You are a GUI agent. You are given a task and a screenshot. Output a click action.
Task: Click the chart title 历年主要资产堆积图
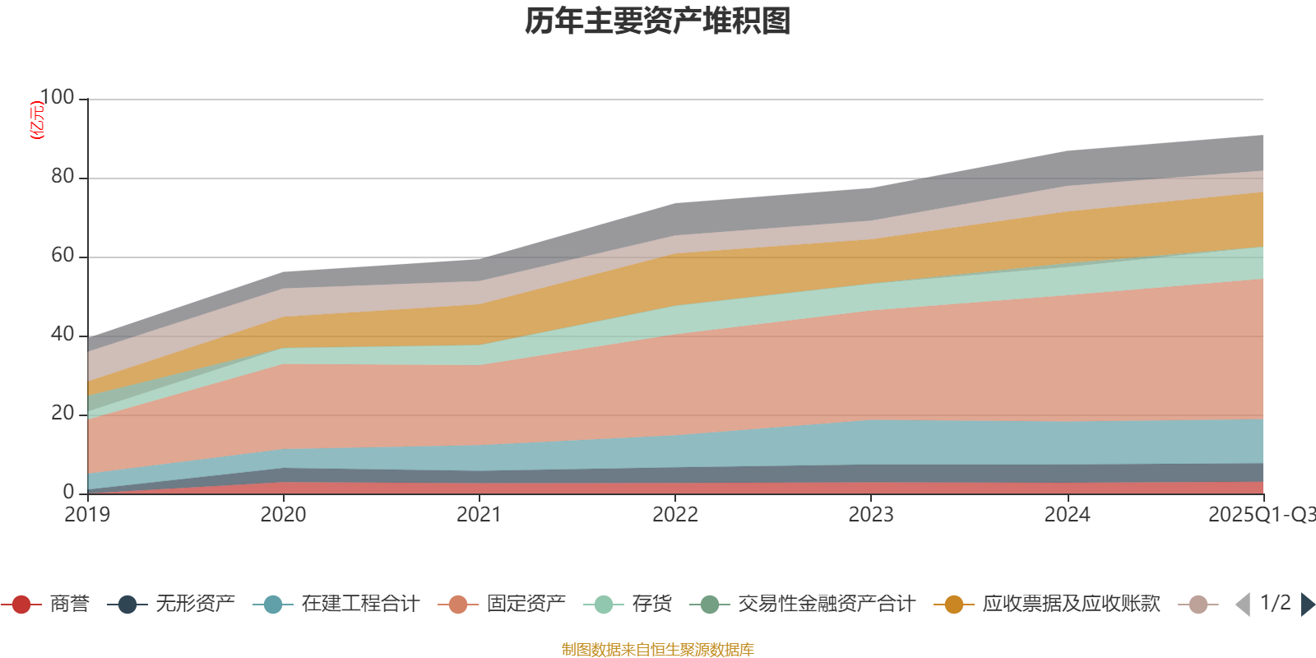pyautogui.click(x=658, y=21)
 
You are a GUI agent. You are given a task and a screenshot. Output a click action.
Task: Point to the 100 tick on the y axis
pyautogui.click(x=57, y=98)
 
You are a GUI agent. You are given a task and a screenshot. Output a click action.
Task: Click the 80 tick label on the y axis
pyautogui.click(x=62, y=177)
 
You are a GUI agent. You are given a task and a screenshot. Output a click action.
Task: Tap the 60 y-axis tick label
pyautogui.click(x=62, y=256)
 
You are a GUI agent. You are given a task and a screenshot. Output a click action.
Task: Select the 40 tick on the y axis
pyautogui.click(x=62, y=335)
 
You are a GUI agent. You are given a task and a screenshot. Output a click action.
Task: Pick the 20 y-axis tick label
pyautogui.click(x=62, y=414)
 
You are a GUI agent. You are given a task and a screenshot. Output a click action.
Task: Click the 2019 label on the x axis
pyautogui.click(x=87, y=515)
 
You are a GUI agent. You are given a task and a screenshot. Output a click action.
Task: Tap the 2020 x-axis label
pyautogui.click(x=283, y=515)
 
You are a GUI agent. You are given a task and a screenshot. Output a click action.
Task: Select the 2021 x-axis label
pyautogui.click(x=479, y=515)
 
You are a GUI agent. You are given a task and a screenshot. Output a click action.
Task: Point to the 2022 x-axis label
pyautogui.click(x=675, y=515)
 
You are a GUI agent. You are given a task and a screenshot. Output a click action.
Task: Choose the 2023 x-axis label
pyautogui.click(x=871, y=515)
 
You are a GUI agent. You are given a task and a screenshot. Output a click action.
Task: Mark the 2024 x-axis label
pyautogui.click(x=1067, y=515)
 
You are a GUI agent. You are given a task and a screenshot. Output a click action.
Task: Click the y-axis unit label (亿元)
pyautogui.click(x=36, y=120)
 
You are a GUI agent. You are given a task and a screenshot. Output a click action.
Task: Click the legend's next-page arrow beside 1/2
pyautogui.click(x=1307, y=605)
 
